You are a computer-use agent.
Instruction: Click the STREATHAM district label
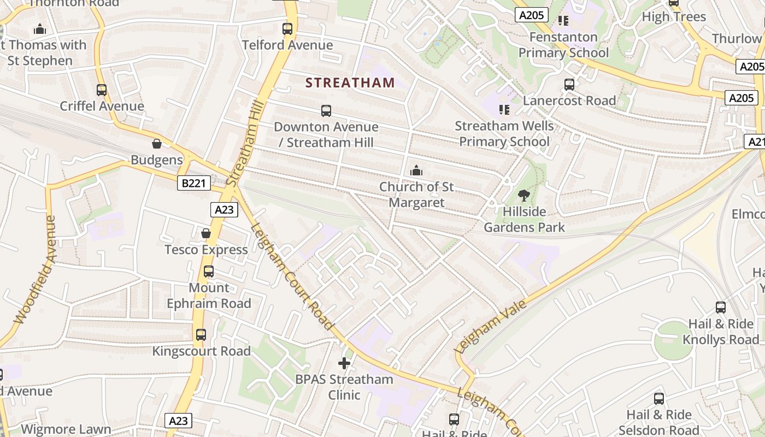coord(350,83)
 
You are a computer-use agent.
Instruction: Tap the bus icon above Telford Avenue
coord(287,29)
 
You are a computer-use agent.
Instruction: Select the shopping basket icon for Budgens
coord(157,144)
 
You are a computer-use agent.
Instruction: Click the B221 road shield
coord(194,183)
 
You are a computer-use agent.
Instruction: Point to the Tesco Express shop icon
coord(206,234)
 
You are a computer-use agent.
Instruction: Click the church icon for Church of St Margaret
coord(416,171)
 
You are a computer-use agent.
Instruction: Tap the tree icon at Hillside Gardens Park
coord(523,195)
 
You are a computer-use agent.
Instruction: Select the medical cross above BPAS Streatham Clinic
coord(344,363)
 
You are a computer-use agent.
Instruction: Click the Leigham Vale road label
coord(491,326)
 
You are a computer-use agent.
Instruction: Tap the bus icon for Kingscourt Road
coord(201,335)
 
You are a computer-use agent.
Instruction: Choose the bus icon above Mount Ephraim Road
coord(208,271)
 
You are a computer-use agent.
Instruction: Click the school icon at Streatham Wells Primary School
coord(504,110)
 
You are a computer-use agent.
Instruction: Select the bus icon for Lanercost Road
coord(569,85)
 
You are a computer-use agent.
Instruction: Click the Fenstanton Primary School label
coord(563,45)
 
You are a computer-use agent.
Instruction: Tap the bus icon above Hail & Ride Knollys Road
coord(721,308)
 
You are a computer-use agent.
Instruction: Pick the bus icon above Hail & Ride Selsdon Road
coord(659,399)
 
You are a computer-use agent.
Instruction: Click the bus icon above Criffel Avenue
coord(102,90)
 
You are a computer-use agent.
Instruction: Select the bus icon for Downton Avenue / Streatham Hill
coord(326,111)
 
